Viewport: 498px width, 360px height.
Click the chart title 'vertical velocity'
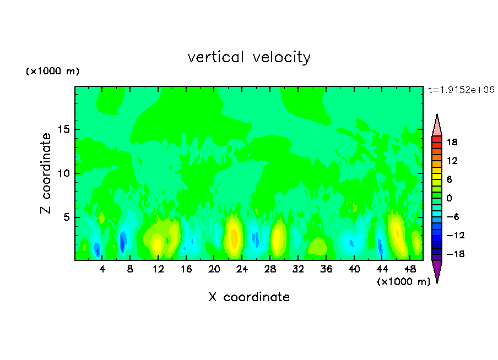click(x=249, y=57)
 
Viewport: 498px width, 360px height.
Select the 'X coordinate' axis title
click(x=249, y=297)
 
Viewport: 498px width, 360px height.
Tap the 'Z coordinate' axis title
click(x=46, y=173)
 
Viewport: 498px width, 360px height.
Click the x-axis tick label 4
click(x=102, y=270)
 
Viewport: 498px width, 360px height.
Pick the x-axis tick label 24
click(x=242, y=270)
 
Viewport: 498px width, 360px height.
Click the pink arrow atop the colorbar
click(x=437, y=126)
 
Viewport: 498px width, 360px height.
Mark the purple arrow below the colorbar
click(x=437, y=270)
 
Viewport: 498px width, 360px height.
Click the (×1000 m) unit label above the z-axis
click(x=52, y=72)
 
